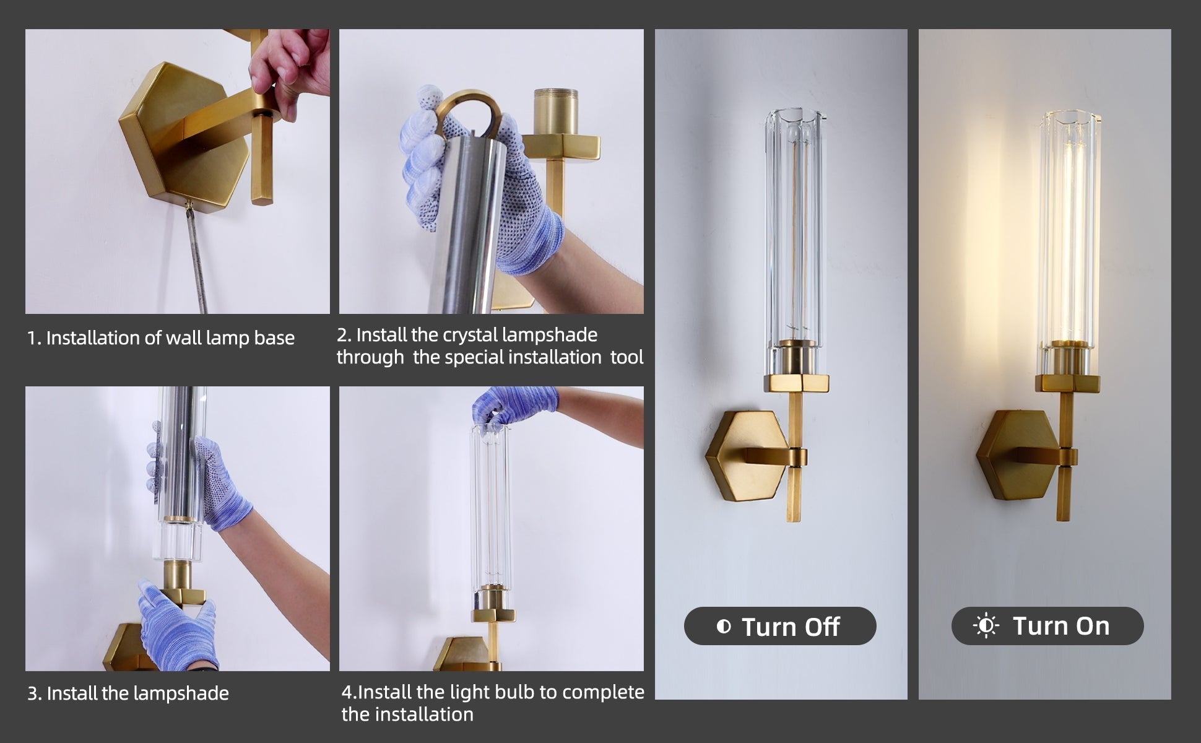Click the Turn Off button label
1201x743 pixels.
pyautogui.click(x=791, y=627)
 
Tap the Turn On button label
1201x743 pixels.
pyautogui.click(x=1061, y=626)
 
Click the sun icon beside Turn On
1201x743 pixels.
pyautogui.click(x=986, y=626)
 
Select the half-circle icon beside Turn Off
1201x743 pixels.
pyautogui.click(x=723, y=627)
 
